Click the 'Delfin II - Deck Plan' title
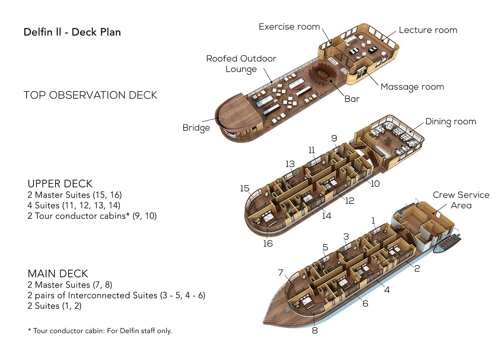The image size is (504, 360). click(72, 32)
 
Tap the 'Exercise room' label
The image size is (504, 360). click(289, 27)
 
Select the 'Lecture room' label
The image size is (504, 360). click(428, 30)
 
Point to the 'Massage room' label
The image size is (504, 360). click(412, 87)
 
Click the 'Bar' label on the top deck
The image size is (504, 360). click(352, 99)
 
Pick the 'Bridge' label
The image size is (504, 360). click(196, 128)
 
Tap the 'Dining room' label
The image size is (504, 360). click(450, 122)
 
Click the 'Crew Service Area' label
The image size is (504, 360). click(461, 200)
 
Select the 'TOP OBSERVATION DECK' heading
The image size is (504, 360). click(90, 95)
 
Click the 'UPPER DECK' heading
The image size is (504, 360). click(60, 184)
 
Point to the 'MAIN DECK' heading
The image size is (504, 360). click(58, 274)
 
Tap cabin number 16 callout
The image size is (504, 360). click(267, 244)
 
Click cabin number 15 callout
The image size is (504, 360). click(244, 188)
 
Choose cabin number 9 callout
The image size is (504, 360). click(334, 138)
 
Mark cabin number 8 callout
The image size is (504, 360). click(315, 330)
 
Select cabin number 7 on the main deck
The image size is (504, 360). click(281, 273)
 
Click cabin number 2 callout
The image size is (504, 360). click(417, 268)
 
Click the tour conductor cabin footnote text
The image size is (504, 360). click(100, 330)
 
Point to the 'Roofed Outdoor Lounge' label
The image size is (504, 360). click(241, 64)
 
